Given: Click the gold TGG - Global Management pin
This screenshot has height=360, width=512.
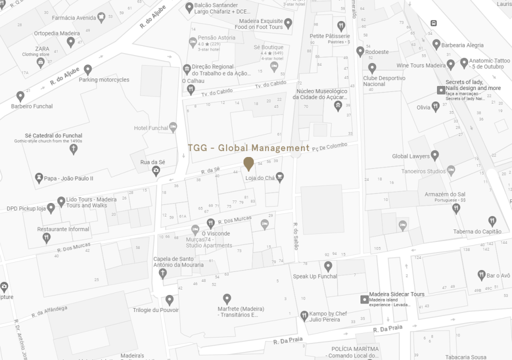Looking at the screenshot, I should click(x=248, y=163).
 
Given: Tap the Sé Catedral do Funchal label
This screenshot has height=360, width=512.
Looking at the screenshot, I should click(x=53, y=135).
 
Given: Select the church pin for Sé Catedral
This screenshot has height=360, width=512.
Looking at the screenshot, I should click(x=73, y=148).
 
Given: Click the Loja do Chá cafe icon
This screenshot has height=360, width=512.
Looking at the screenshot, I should click(x=279, y=176).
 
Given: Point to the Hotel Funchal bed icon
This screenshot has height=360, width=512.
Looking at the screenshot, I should click(x=173, y=127).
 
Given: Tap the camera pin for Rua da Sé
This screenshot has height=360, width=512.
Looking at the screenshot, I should click(x=156, y=171).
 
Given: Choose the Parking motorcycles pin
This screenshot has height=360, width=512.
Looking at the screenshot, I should click(x=88, y=69).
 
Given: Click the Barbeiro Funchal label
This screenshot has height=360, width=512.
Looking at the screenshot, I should click(x=32, y=106).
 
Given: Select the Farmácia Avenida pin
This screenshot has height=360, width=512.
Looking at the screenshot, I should click(x=101, y=18).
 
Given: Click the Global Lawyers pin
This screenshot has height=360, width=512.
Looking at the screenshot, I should click(x=435, y=155).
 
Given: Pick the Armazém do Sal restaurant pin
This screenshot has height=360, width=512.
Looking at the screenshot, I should click(x=456, y=208).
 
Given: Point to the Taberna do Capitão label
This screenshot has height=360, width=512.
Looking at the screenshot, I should click(x=477, y=231).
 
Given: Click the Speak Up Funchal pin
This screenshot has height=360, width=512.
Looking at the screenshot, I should click(x=328, y=266).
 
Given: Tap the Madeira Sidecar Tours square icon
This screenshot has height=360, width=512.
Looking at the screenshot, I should click(x=364, y=299).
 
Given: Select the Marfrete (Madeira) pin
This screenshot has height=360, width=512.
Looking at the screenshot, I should click(x=227, y=298).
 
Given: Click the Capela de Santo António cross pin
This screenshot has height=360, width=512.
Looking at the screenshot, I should click(x=162, y=273).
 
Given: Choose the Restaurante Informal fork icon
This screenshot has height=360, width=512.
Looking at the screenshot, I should click(x=46, y=238).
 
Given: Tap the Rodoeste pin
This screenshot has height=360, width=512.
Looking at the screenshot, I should click(x=360, y=51).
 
